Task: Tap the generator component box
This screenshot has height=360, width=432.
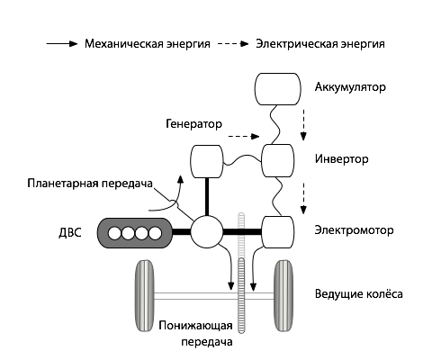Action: (208, 162)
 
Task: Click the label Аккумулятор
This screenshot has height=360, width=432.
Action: (350, 88)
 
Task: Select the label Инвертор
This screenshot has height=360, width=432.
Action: (342, 158)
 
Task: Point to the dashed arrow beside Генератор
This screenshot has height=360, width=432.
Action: (241, 137)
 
